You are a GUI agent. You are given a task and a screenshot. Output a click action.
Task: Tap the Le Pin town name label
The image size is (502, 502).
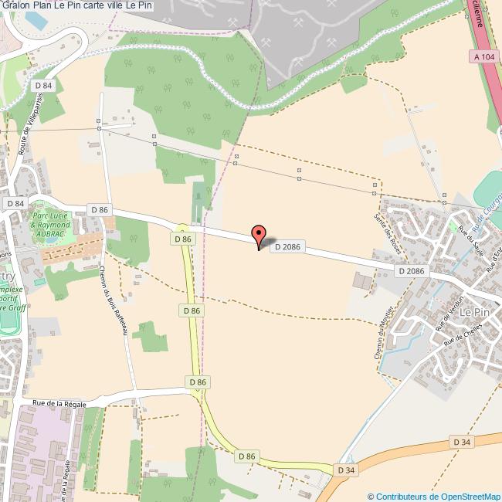click(x=475, y=313)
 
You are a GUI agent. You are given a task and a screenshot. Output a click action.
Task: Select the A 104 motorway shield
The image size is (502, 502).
click(x=482, y=56)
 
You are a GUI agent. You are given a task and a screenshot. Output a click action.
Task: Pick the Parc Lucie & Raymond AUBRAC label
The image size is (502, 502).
click(x=50, y=223)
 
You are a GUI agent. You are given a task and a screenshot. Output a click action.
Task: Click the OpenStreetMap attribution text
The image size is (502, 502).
click(x=434, y=496)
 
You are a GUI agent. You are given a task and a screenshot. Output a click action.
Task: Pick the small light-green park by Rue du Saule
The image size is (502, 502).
click(x=454, y=226)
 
